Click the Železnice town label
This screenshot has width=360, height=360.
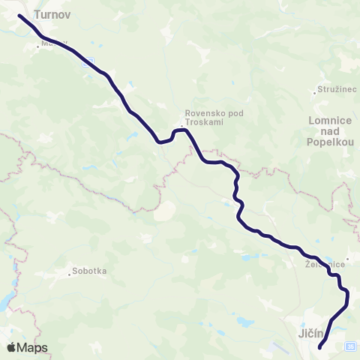(324, 265)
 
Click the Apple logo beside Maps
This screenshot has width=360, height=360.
(10, 347)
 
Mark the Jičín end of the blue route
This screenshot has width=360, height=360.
(320, 347)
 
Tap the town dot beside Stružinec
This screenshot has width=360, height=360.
(315, 94)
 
